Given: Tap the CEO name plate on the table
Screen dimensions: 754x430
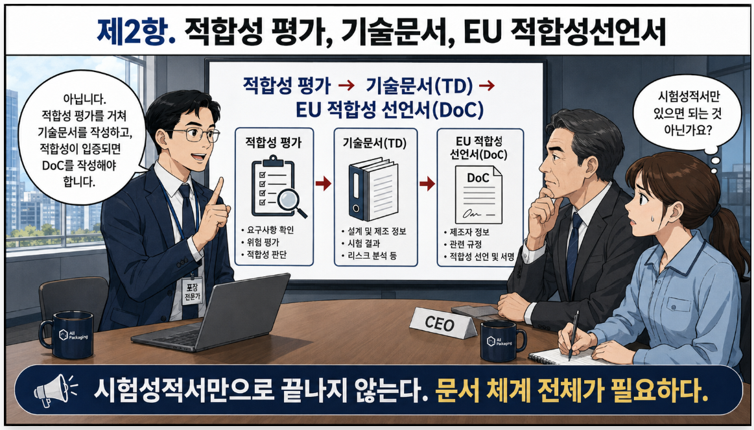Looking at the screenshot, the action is (x=443, y=323).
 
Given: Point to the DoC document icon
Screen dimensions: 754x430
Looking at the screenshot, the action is (x=478, y=195).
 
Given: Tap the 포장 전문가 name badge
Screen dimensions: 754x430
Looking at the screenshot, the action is (x=193, y=291).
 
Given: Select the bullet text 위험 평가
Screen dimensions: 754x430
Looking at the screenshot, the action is (x=263, y=243).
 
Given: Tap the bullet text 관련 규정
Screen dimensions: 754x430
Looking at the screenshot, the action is (x=466, y=245).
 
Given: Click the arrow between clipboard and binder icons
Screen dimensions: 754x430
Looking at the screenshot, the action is (x=323, y=184).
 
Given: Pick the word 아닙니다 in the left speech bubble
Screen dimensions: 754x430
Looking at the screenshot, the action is (x=85, y=100).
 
